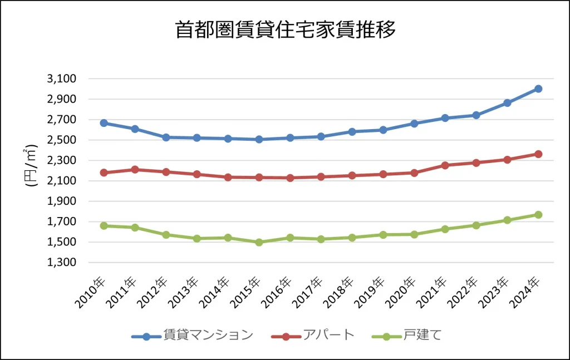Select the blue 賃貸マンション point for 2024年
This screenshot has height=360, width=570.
point(538,89)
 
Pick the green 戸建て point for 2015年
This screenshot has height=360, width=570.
point(259,242)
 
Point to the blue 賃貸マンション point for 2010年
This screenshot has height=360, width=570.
point(104,123)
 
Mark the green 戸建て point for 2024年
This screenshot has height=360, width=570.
point(538,215)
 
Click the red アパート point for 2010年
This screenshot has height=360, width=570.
point(104,172)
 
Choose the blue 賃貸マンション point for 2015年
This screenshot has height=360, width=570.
point(259,140)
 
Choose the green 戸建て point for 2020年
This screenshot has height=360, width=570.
point(414,234)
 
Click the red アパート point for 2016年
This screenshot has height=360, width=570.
point(290,178)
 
